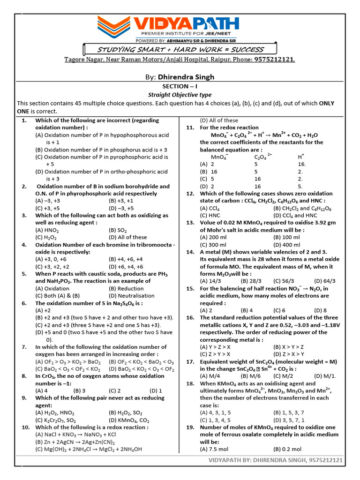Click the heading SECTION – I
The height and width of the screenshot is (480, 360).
[180, 87]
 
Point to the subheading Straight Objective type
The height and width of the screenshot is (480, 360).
[180, 95]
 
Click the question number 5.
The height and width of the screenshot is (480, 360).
[24, 274]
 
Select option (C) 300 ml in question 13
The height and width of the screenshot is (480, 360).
[213, 245]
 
